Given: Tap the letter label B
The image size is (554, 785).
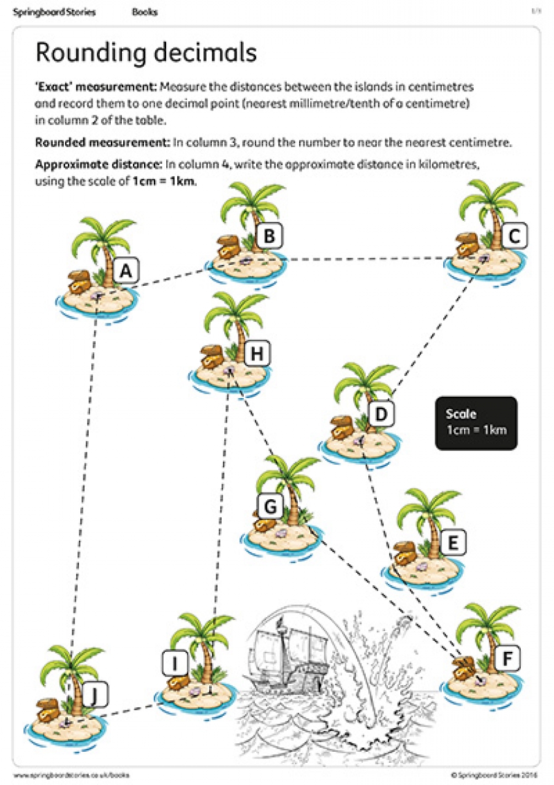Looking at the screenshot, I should click(269, 236).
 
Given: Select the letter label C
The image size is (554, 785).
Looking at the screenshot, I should click(514, 236).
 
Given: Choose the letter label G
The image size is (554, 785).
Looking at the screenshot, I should click(270, 506).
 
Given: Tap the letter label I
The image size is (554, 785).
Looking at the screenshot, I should click(174, 664).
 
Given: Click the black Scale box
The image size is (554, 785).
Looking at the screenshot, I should click(476, 423).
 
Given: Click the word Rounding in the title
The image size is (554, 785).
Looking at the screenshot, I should click(91, 53).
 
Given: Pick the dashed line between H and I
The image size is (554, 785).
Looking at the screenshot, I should click(220, 496).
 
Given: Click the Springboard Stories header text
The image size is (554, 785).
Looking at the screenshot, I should click(54, 12).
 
